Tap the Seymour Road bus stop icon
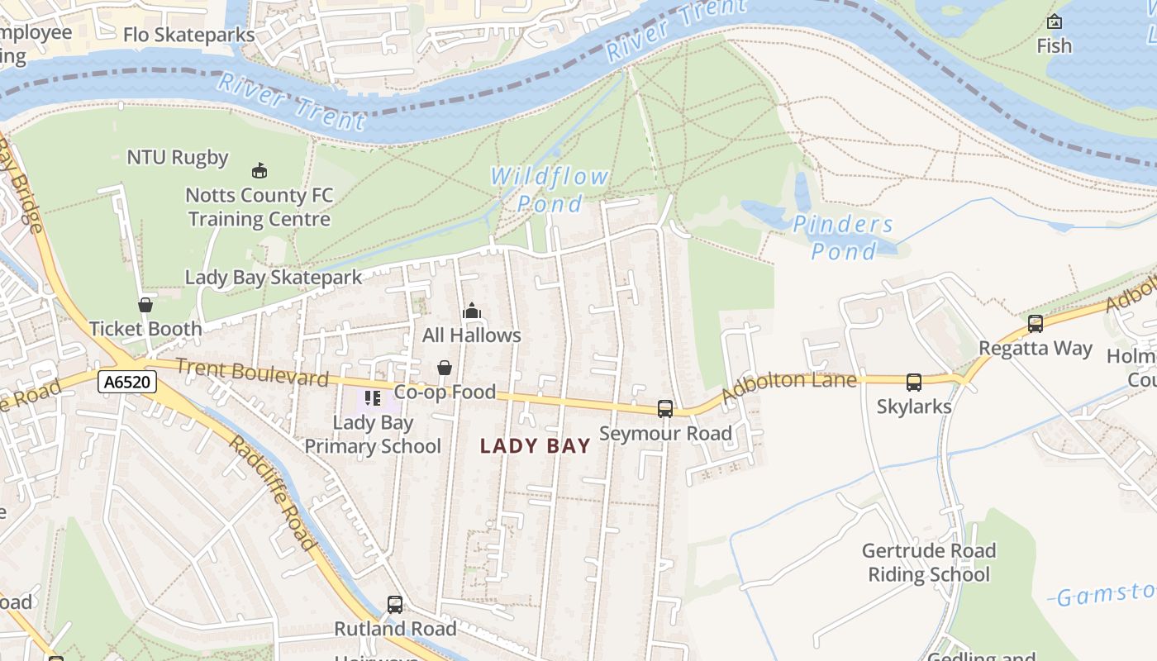coord(665,408)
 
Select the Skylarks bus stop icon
coord(914,383)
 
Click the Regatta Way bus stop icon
coord(1036,324)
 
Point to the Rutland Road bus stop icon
coord(395,605)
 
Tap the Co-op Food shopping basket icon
coord(445,367)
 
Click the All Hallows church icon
coord(472,311)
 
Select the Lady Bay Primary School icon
coord(373,399)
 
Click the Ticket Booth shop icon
coord(145,305)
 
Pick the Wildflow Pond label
coord(550,189)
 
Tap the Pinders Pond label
coord(843,237)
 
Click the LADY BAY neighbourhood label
coord(536,446)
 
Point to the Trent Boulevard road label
coord(252,372)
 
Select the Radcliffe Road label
coord(273,492)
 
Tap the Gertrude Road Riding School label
coord(929,562)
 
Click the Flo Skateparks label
coord(188,35)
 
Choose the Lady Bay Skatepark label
coord(274,277)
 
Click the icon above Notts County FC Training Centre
coord(259,171)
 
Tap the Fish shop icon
coord(1055,22)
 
